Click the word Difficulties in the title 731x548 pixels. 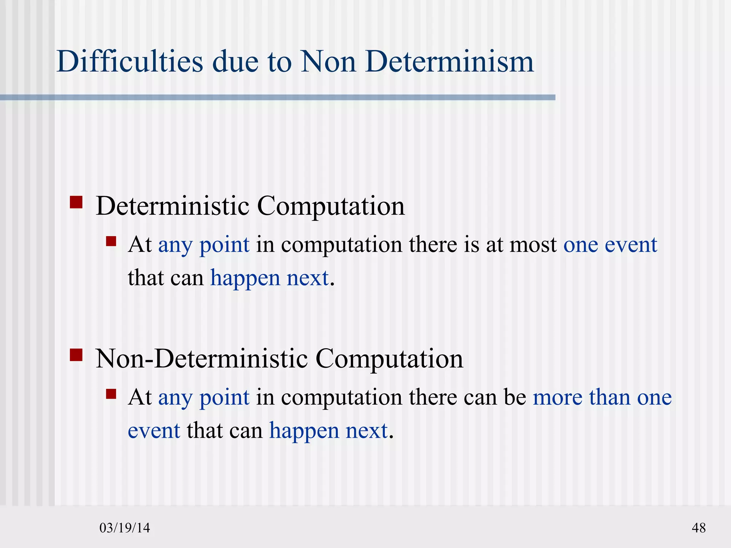click(x=130, y=61)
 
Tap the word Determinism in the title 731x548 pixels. click(x=449, y=61)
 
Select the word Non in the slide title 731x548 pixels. click(x=328, y=61)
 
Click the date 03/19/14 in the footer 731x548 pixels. click(x=125, y=528)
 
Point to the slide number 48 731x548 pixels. click(x=699, y=528)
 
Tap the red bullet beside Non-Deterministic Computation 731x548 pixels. click(x=76, y=355)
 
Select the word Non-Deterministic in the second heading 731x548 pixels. click(x=202, y=359)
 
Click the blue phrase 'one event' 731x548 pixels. click(x=610, y=245)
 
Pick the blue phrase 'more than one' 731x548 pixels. click(x=602, y=397)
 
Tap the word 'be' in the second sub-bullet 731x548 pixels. click(x=515, y=397)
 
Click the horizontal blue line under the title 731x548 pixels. click(x=278, y=97)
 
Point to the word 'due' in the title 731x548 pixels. click(x=235, y=61)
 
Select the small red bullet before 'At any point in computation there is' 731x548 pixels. click(x=111, y=242)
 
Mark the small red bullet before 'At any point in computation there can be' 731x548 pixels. click(x=111, y=394)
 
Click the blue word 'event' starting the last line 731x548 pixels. click(x=154, y=431)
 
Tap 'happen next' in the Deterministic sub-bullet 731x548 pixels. click(x=269, y=278)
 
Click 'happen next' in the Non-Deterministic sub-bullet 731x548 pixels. click(x=328, y=431)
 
